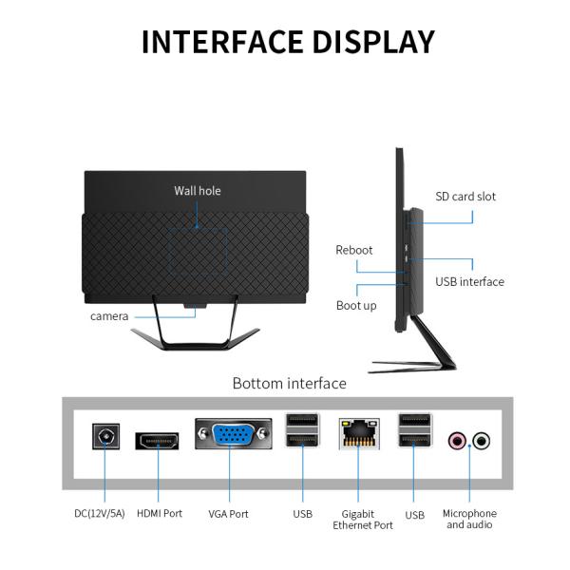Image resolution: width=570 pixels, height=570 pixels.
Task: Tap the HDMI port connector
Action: pos(159,440)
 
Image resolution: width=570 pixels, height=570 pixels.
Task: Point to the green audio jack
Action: pos(482,440)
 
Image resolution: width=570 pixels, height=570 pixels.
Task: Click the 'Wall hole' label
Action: pos(197,191)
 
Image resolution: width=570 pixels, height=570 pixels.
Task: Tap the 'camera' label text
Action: pos(109,315)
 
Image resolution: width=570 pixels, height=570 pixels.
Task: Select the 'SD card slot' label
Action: pos(465,197)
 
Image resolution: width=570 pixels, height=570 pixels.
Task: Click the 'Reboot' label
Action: pos(354,250)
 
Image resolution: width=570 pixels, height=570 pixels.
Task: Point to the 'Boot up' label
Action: pos(356,305)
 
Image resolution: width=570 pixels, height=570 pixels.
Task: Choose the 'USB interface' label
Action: pos(469,281)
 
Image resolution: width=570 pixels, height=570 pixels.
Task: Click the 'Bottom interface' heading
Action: pos(290,383)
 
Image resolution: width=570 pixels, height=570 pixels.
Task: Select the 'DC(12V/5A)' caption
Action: pos(100,514)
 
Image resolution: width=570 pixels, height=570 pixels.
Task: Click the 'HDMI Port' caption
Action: pos(160,514)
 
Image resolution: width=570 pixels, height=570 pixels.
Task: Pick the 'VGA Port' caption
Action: pos(228,514)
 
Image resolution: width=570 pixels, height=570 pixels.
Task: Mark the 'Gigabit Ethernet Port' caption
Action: pos(363,520)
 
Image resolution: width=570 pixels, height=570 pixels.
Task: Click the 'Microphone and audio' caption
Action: pos(469,520)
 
